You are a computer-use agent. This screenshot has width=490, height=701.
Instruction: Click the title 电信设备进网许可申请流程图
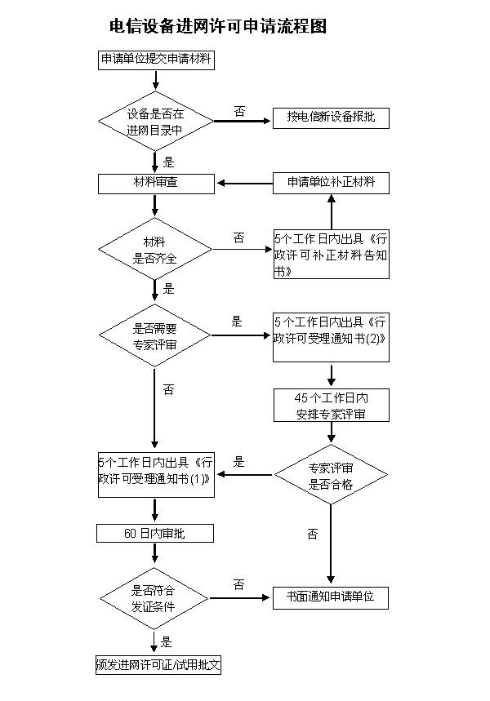pos(218,27)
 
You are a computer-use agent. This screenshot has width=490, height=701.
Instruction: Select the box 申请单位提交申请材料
pos(155,60)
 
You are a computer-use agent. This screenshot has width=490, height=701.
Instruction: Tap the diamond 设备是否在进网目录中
pos(155,122)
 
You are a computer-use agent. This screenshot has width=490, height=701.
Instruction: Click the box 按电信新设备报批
pos(331,118)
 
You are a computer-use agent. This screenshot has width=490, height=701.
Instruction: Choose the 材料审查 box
pos(155,183)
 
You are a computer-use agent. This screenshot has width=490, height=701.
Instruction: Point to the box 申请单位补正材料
pos(331,183)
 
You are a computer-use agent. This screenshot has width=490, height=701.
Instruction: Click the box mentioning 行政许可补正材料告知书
pos(331,255)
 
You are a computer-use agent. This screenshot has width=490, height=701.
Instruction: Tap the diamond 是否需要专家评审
pos(155,336)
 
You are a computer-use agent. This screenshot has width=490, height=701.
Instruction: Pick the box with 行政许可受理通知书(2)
pos(331,336)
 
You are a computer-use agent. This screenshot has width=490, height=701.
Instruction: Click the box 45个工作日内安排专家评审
pos(331,406)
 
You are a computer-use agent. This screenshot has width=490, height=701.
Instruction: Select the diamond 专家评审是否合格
pos(331,476)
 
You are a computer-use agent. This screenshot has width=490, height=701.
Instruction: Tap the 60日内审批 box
pos(155,534)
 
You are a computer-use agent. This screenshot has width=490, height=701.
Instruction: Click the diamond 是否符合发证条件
pos(155,598)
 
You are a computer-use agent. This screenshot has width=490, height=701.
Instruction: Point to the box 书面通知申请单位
pos(331,597)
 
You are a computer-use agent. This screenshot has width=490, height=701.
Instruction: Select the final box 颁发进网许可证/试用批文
pos(158,664)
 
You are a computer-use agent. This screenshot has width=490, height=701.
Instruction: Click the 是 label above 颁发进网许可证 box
pos(167,641)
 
